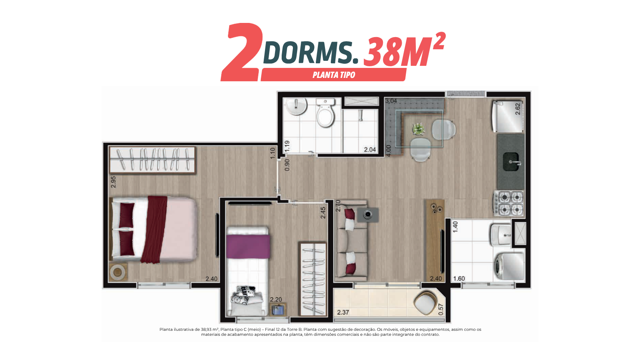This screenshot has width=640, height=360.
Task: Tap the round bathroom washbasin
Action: [x=297, y=106]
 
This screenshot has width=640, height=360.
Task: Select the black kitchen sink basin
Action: [x=511, y=162]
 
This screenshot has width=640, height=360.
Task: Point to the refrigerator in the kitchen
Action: [x=508, y=117]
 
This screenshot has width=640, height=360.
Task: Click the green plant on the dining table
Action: [x=418, y=129]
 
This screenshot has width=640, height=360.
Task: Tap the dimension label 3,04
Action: [x=391, y=101]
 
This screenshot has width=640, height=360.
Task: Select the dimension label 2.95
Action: [x=113, y=182]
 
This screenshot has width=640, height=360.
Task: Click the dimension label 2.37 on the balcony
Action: [x=343, y=312]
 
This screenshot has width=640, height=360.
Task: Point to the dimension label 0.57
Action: [x=441, y=310]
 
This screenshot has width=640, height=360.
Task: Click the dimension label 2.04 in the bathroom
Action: [x=370, y=150]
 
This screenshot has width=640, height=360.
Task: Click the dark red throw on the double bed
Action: [x=154, y=229]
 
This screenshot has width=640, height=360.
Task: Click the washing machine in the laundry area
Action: [x=510, y=267]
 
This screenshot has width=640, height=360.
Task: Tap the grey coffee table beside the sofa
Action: [x=368, y=215]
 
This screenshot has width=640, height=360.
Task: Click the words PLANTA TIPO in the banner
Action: [x=334, y=75]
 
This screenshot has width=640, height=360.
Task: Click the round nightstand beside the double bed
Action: [x=117, y=272]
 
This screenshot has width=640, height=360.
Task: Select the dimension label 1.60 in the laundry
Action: [x=459, y=278]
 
